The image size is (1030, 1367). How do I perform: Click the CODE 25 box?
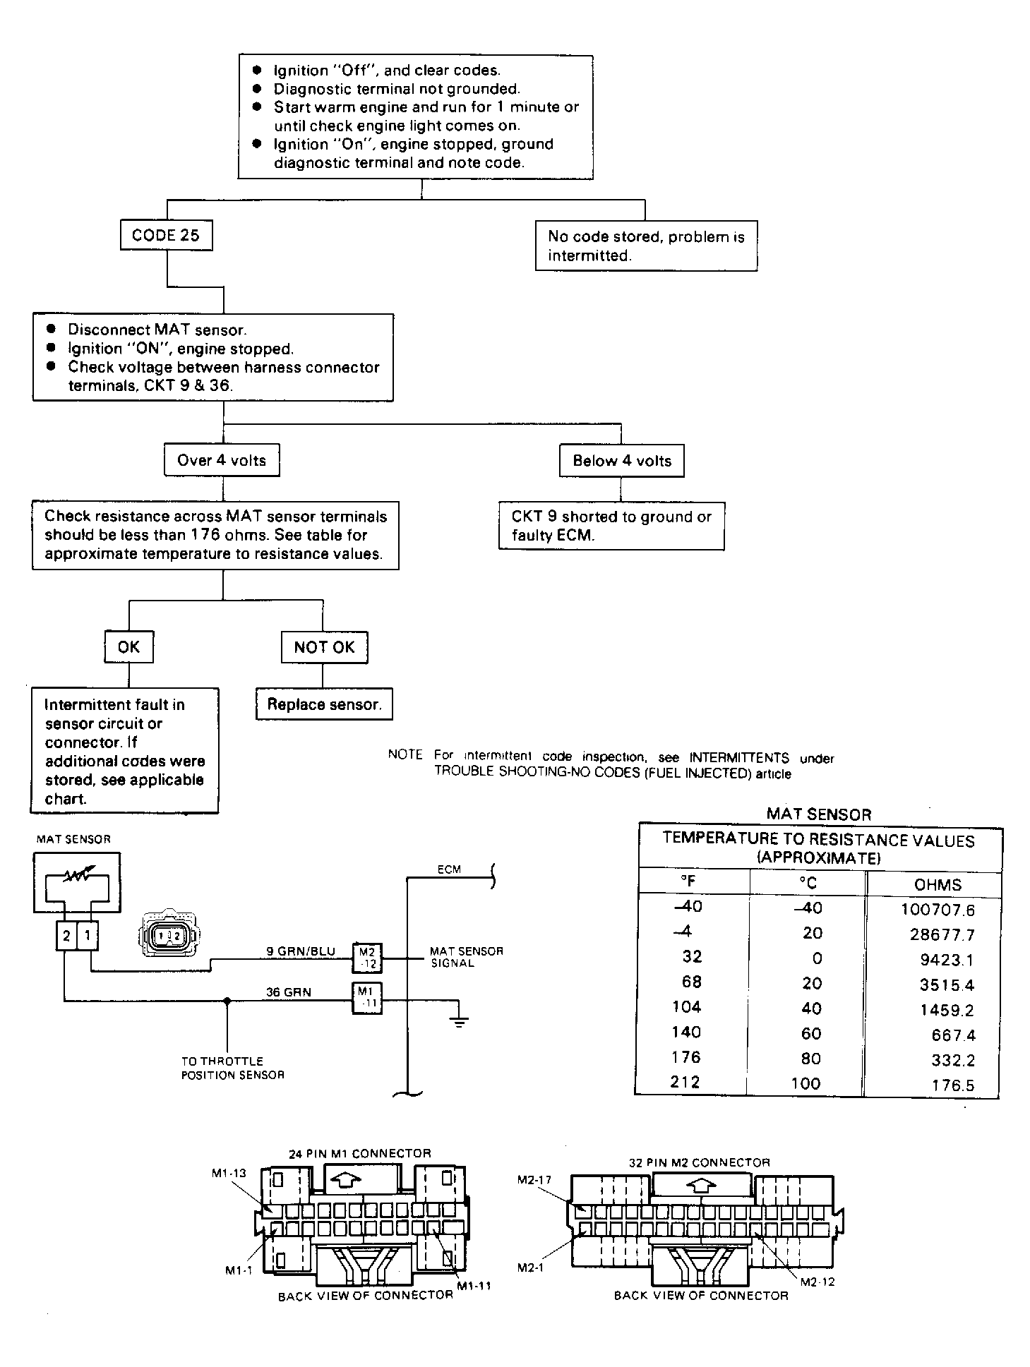(x=166, y=235)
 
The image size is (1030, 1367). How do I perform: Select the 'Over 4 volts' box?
(x=222, y=461)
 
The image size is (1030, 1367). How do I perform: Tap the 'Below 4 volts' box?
(x=622, y=461)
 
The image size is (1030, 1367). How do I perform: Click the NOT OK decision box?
(x=324, y=647)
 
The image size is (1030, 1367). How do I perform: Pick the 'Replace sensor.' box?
(x=324, y=704)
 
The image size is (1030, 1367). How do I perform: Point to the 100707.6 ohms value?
(x=938, y=910)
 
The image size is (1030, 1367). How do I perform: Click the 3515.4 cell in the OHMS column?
(x=947, y=984)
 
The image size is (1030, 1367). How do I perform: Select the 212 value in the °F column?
(x=685, y=1081)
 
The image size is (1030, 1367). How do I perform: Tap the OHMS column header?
(x=938, y=885)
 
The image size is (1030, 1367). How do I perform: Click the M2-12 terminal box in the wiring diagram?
(x=367, y=958)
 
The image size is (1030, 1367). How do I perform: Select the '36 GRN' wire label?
(x=288, y=992)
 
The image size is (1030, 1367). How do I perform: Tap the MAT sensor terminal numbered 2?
(x=66, y=936)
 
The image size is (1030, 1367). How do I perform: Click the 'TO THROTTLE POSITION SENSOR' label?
(x=232, y=1068)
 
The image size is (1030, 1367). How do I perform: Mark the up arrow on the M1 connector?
(x=344, y=1179)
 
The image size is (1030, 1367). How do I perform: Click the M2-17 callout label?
(x=534, y=1179)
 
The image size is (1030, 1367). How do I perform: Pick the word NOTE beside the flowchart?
(x=405, y=754)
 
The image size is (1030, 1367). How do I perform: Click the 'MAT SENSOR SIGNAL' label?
(x=467, y=957)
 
